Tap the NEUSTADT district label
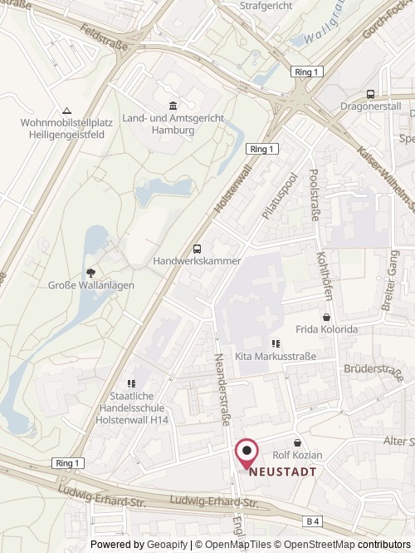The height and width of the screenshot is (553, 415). (282, 470)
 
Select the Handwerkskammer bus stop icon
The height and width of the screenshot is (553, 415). (197, 249)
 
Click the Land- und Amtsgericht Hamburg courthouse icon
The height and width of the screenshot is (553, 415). (172, 106)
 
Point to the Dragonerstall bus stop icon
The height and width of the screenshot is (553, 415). (370, 94)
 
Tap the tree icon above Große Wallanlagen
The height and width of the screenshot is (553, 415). (90, 272)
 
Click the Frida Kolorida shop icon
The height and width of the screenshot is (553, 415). (326, 317)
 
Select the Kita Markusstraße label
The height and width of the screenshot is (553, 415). (276, 357)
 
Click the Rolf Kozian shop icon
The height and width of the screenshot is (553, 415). (297, 442)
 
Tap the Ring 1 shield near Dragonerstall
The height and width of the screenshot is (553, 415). (305, 72)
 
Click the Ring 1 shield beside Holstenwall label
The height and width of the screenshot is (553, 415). (261, 148)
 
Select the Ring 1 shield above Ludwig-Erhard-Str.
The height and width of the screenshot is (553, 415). (68, 462)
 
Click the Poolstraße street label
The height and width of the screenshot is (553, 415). (313, 190)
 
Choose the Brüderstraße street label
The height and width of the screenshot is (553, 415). (373, 369)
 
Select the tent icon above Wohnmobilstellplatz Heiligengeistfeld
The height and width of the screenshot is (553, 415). (66, 111)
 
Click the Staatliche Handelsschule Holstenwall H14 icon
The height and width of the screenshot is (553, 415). (131, 383)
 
